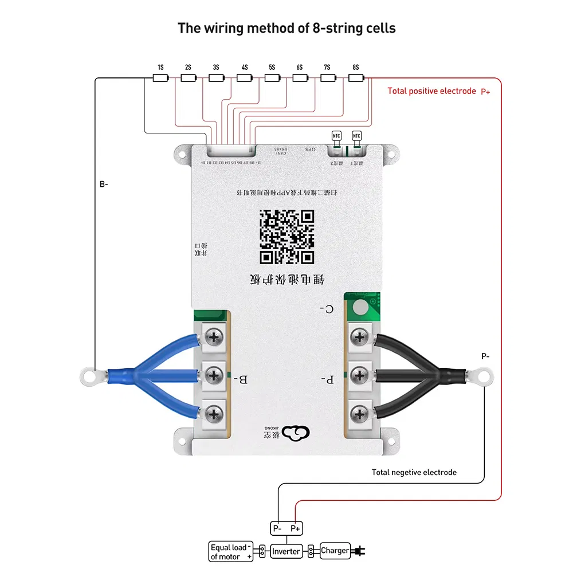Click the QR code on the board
click(286, 236)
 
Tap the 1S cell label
click(160, 67)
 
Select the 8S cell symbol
click(356, 77)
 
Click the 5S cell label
click(272, 67)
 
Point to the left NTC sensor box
click(336, 136)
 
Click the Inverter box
click(286, 551)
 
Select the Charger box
click(335, 551)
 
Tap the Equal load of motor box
click(231, 552)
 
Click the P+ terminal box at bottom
click(295, 528)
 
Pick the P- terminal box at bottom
click(277, 528)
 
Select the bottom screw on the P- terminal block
click(359, 413)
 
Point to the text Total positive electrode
click(431, 91)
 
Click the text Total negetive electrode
click(414, 472)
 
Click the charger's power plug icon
click(360, 551)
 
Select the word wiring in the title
click(220, 28)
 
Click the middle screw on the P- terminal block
click(359, 375)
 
